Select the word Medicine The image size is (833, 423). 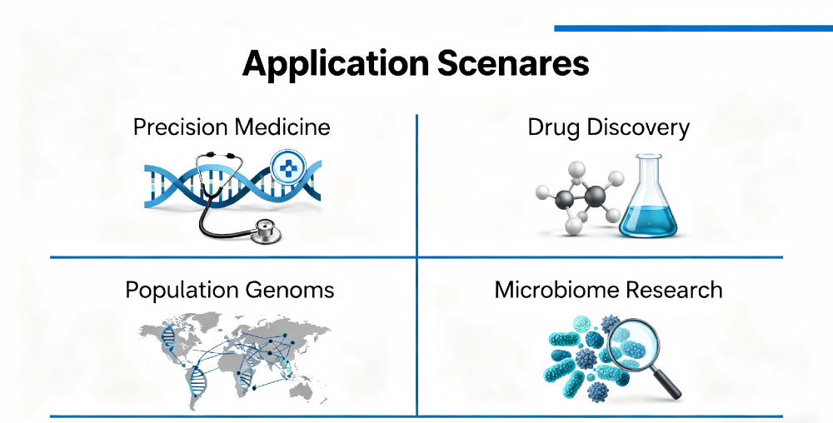pos(282,127)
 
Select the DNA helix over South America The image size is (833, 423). pos(197,381)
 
